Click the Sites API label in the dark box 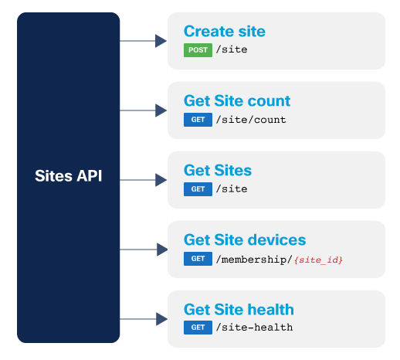click(x=68, y=176)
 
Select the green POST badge click(x=198, y=50)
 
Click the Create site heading click(x=224, y=32)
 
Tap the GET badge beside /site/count click(x=198, y=120)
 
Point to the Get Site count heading click(x=236, y=101)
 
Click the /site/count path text click(x=251, y=120)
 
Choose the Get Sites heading click(x=217, y=171)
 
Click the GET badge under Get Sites click(x=198, y=189)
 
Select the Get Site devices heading click(x=244, y=240)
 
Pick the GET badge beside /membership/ click(x=198, y=259)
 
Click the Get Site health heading click(x=238, y=310)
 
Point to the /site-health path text click(x=254, y=328)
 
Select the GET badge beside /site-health click(x=198, y=328)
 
